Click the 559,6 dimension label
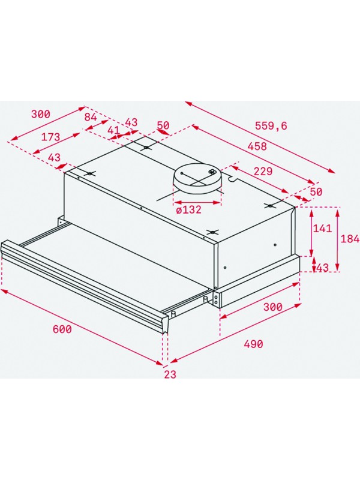[271, 126]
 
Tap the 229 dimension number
[263, 171]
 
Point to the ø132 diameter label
[188, 209]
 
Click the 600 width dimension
[61, 329]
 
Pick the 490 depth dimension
[253, 344]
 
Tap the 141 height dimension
[323, 229]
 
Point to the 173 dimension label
[50, 137]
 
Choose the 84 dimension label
[91, 117]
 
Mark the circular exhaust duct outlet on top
[197, 178]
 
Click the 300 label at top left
[40, 114]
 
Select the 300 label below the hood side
[273, 307]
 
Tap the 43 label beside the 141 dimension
[322, 268]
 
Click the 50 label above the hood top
[163, 126]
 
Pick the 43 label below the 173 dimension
[54, 158]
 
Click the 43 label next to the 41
[130, 122]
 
